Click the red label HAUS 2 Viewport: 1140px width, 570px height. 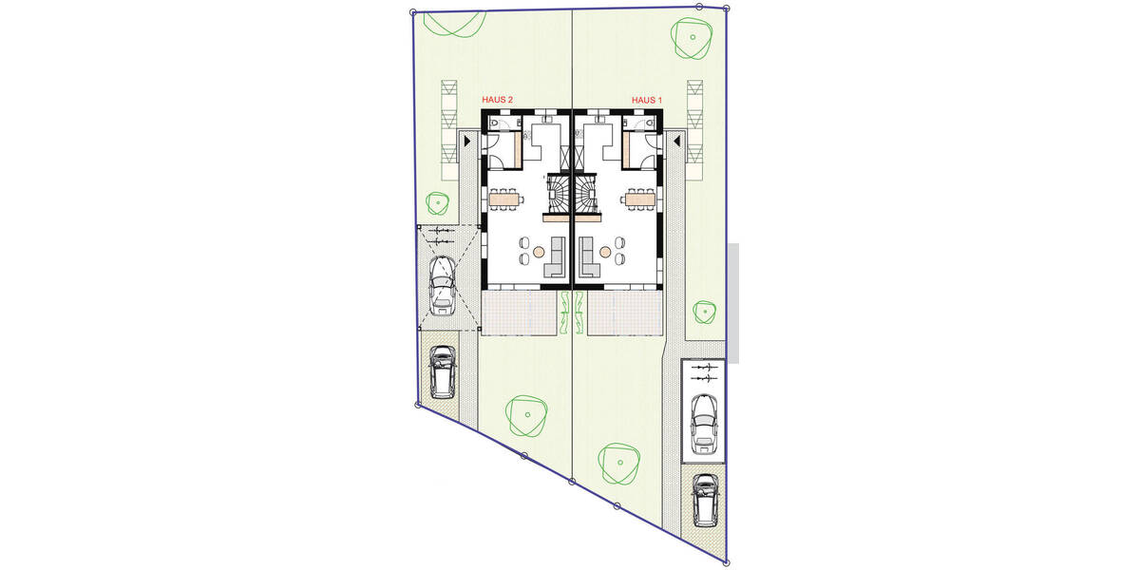498,100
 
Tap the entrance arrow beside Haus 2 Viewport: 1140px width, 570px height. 467,141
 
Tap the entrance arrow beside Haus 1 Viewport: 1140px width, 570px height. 676,141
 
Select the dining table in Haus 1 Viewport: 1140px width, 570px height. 639,199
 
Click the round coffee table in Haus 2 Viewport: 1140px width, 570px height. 539,252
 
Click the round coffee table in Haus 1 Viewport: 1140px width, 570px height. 605,252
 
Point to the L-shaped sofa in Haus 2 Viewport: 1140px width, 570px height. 555,258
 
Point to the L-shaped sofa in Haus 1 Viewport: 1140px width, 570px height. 589,258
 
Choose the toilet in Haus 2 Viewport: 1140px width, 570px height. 498,123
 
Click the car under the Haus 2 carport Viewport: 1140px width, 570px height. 442,284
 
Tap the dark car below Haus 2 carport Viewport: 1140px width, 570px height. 442,371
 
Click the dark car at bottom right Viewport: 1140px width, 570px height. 704,500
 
